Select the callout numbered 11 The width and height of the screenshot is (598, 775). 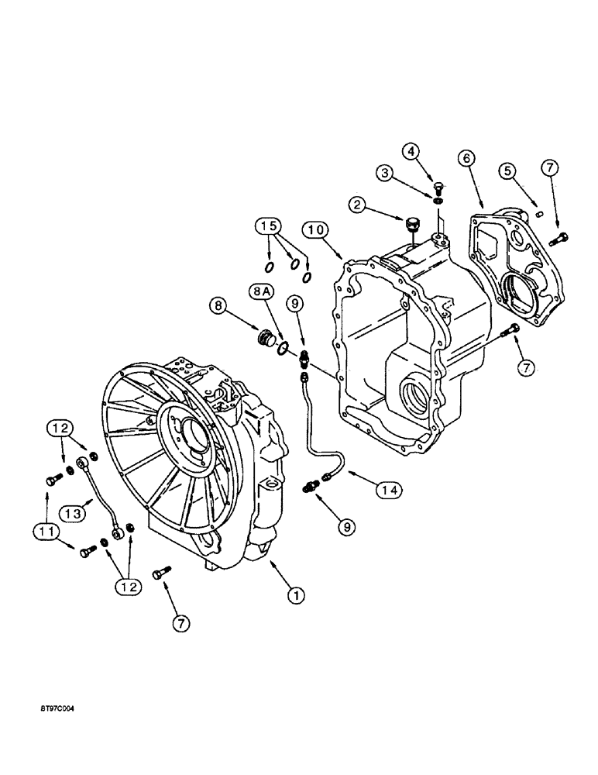point(45,531)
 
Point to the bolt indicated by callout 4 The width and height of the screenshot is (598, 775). point(439,187)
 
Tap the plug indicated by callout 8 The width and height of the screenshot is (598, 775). point(266,339)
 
